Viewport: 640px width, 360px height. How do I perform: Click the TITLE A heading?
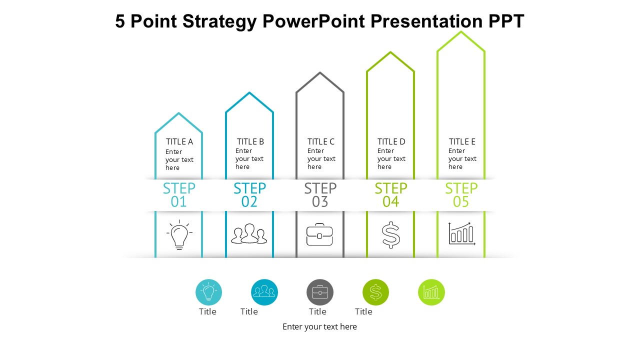coord(179,141)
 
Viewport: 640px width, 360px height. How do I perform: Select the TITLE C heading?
coord(321,141)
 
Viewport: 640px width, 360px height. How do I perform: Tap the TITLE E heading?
coord(462,141)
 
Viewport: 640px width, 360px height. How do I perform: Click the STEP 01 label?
coord(179,195)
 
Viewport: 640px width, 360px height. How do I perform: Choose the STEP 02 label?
coord(249,195)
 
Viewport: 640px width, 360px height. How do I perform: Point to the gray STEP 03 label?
coord(320,195)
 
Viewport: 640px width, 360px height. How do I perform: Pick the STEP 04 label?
coord(390,195)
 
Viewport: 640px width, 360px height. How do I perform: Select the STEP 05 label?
coord(461,195)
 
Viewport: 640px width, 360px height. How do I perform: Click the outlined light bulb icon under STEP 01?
coord(179,235)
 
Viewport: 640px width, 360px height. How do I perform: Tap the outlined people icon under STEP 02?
coord(249,234)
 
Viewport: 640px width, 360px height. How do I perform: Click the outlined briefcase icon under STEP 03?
coord(319,235)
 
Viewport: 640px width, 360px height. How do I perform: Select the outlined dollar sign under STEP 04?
coord(390,235)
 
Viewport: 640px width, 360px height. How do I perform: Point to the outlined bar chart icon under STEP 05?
coord(461,233)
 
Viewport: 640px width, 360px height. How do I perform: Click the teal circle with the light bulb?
coord(208,292)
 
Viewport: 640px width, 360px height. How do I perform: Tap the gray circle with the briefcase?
coord(320,292)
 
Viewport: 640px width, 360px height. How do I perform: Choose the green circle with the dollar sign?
coord(375,292)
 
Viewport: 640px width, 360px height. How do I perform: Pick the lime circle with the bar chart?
coord(431,292)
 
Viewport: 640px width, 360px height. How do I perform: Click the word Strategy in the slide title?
coord(219,21)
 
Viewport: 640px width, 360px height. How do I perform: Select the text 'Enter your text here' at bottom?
coord(319,326)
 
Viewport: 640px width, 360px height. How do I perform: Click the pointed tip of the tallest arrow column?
coord(461,32)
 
